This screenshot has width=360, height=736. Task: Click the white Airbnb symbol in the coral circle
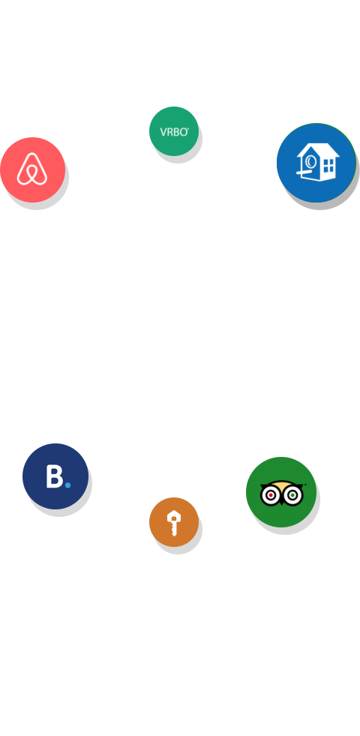point(32,169)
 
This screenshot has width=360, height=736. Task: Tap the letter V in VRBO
point(163,132)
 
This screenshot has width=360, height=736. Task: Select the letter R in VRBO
point(169,132)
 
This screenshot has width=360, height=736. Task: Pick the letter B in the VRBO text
point(175,132)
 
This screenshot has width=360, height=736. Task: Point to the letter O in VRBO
point(182,132)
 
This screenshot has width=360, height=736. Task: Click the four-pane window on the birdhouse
point(328,166)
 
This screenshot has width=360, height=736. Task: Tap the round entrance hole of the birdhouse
point(310,162)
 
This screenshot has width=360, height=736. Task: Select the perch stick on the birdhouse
point(304,173)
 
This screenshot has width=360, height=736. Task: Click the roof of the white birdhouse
point(319,150)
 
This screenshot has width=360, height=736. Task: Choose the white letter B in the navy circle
point(55,476)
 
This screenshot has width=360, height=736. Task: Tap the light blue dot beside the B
point(67,485)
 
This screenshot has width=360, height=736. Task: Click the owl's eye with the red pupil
point(271,495)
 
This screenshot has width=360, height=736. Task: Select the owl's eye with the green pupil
point(292,495)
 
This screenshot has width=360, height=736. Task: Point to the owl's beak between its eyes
point(281,500)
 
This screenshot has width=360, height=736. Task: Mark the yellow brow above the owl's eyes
point(281,485)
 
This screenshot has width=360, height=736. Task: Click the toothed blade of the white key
point(174,528)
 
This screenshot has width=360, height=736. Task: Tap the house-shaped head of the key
point(174,516)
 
